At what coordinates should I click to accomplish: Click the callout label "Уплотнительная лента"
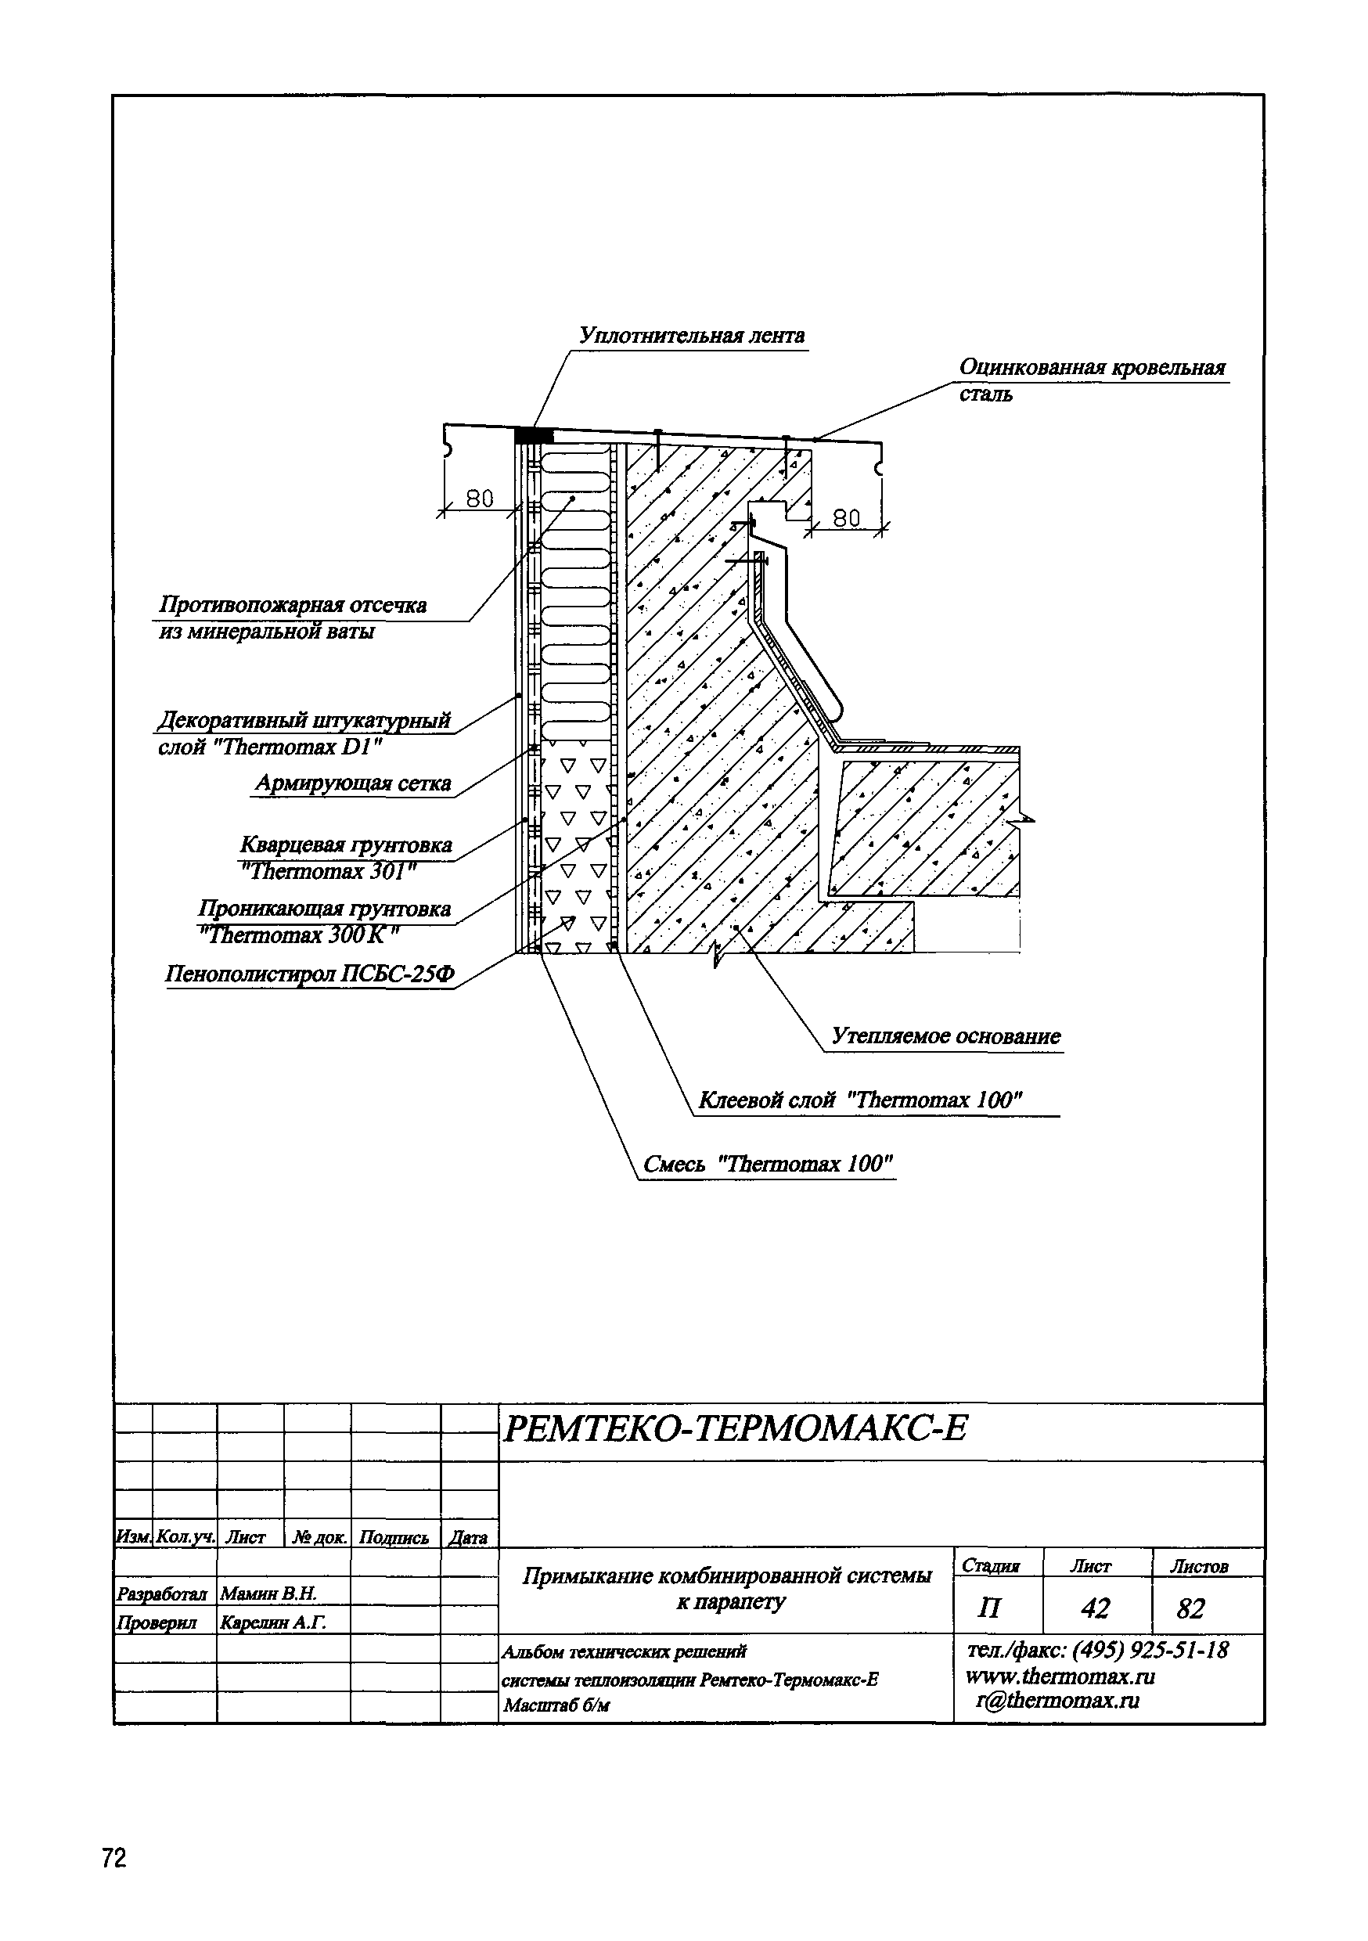[692, 337]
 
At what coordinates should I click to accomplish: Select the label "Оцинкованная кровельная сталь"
[1091, 380]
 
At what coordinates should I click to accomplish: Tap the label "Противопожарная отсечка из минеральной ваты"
[293, 618]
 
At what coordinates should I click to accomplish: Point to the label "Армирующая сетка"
[354, 783]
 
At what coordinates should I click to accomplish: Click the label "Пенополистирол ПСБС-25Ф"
[309, 974]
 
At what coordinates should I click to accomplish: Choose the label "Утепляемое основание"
[945, 1036]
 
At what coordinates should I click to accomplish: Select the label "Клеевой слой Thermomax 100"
[861, 1100]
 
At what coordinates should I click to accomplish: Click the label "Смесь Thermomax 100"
[768, 1164]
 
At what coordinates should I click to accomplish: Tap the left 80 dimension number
[480, 499]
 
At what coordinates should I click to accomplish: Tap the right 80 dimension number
[845, 517]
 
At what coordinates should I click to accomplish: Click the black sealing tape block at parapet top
[534, 435]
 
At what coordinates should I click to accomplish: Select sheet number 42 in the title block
[1095, 1608]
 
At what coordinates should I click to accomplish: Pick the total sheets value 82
[1190, 1608]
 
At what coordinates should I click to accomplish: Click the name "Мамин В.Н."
[268, 1593]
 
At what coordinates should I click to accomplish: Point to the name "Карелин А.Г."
[272, 1622]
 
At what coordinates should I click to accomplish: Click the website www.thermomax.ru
[1060, 1676]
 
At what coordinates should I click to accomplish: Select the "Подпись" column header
[394, 1538]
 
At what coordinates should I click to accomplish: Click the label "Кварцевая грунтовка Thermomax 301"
[346, 857]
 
